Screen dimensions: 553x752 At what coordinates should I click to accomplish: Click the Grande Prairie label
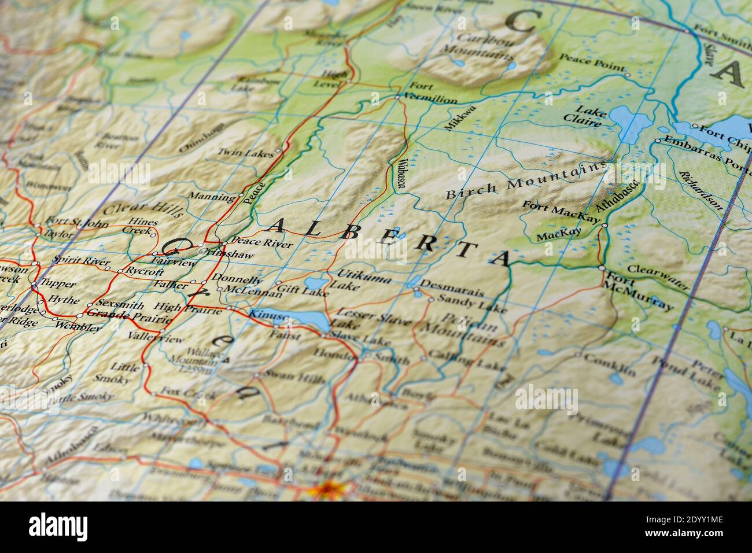pos(128,316)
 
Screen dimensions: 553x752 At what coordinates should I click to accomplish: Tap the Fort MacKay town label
pos(560,211)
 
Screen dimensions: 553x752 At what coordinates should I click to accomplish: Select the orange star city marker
pos(321,491)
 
